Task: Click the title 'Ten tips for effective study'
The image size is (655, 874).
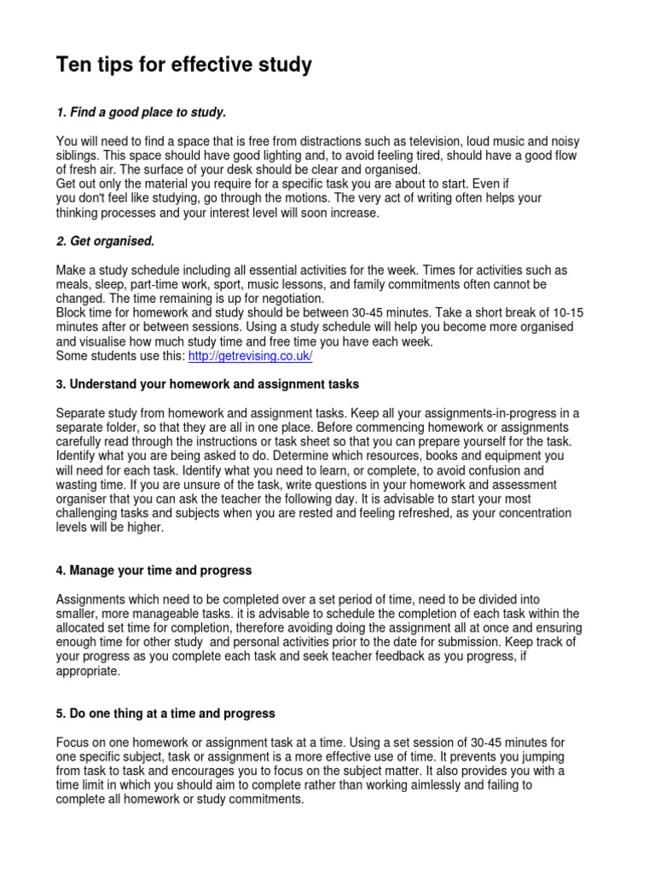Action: (x=183, y=65)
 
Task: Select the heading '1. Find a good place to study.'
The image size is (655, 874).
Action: (x=141, y=113)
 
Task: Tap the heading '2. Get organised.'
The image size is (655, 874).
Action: (x=105, y=242)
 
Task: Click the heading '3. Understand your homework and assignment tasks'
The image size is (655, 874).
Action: (x=207, y=384)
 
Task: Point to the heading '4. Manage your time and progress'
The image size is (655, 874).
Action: (x=154, y=570)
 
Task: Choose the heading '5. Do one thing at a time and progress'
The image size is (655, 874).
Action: (x=165, y=713)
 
